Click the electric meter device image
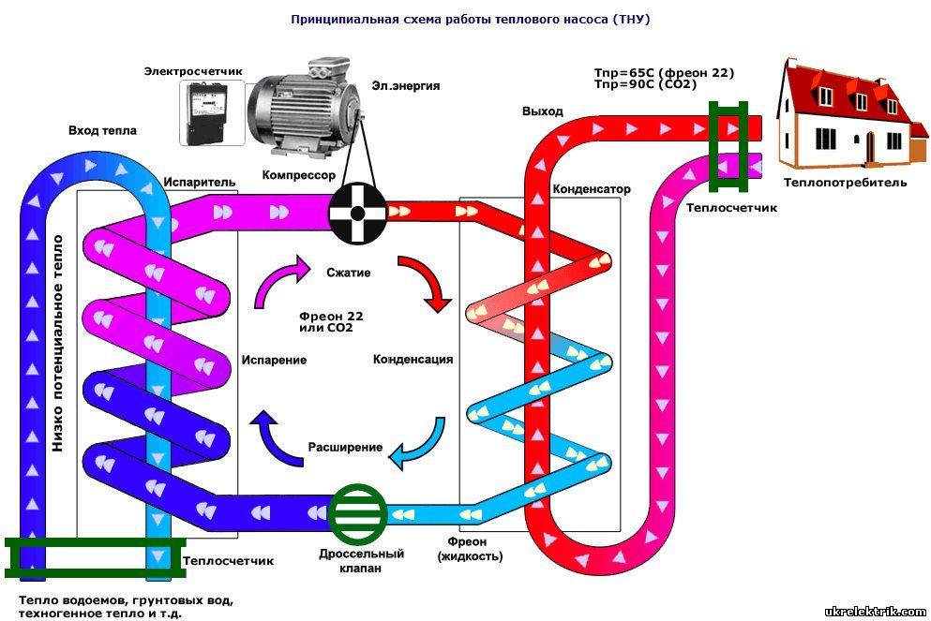[212, 111]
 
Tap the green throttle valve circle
[358, 514]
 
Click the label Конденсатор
[592, 188]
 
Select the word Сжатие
[349, 274]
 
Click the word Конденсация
[413, 359]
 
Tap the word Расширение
[345, 447]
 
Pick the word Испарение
[274, 359]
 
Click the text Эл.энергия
[407, 85]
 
